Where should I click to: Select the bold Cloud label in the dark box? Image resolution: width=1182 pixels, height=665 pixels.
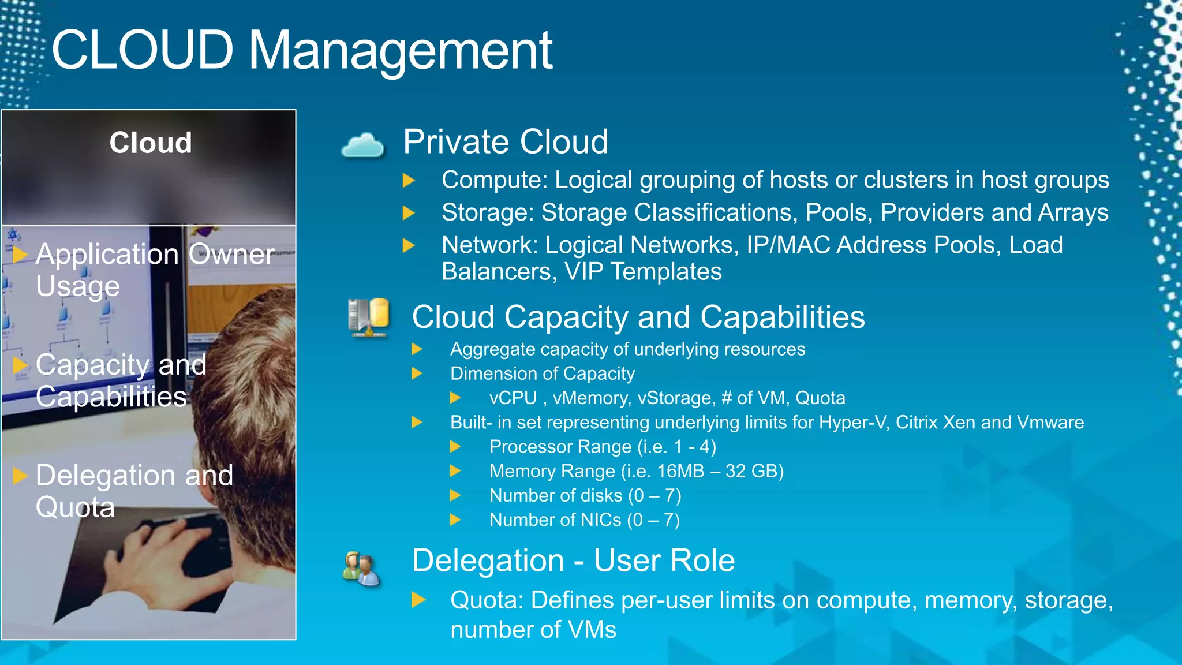151,143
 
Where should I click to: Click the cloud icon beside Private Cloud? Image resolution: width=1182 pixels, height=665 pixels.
362,145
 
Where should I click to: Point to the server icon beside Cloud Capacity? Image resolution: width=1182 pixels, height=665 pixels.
368,317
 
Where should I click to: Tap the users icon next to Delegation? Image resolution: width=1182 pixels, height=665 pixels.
361,568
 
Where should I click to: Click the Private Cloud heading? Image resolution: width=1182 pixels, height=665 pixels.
506,142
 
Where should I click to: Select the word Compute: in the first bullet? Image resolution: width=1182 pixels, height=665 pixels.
494,180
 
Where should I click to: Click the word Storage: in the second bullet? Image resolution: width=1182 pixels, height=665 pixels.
488,212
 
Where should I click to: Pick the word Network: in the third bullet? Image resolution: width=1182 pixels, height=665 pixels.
489,245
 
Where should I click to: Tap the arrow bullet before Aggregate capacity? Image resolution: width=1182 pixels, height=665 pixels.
417,349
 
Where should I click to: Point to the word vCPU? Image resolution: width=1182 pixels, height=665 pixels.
513,398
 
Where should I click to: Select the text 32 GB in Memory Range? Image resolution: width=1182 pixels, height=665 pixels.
750,472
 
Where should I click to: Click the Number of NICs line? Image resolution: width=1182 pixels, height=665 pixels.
584,520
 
